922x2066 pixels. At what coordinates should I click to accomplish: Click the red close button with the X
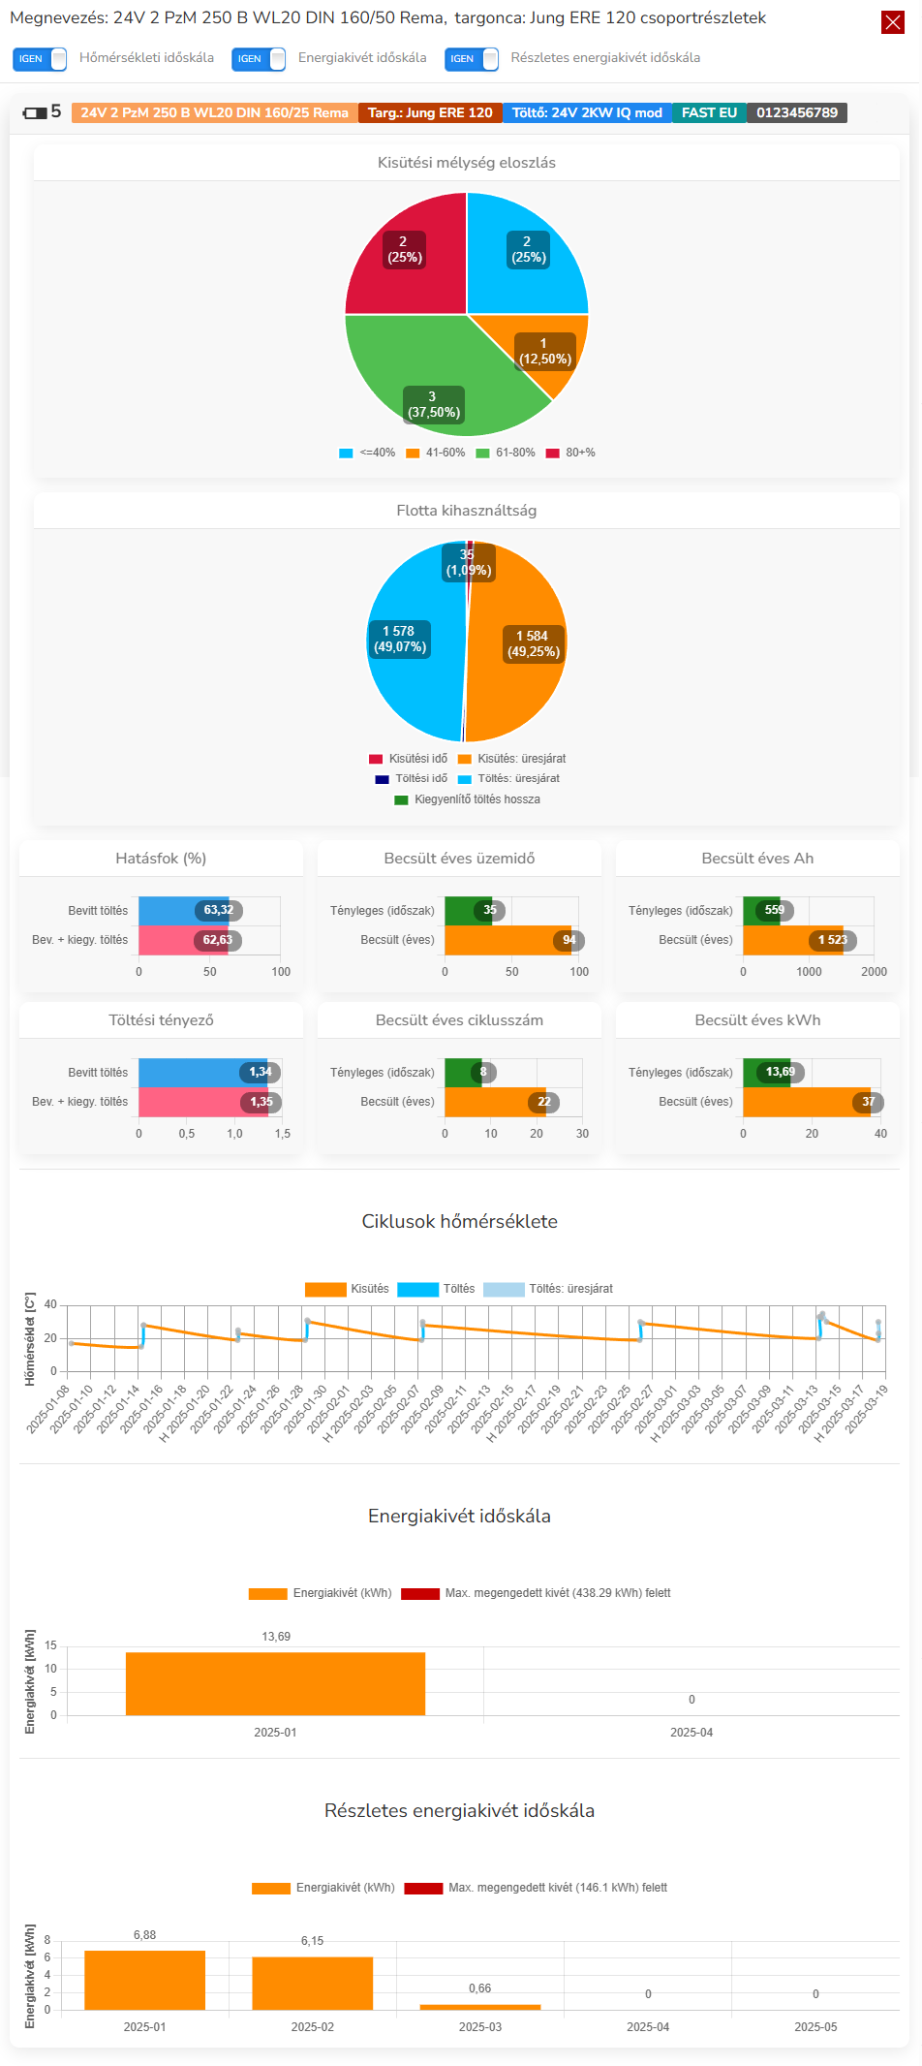coord(893,22)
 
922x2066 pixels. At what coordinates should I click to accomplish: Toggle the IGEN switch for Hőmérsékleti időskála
coord(40,59)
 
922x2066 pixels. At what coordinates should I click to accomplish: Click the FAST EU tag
coord(709,113)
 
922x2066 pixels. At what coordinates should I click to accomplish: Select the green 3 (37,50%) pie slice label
coord(434,405)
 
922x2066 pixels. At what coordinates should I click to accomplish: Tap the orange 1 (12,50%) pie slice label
coord(544,352)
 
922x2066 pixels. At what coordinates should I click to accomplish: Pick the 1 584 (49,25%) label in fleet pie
coord(533,644)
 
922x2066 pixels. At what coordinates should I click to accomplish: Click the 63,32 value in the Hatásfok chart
coord(219,911)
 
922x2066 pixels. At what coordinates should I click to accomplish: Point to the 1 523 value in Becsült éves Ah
coord(832,940)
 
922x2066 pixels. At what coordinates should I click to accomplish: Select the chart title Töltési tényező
coord(161,1020)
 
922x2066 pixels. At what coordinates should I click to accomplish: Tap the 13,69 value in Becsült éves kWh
coord(781,1072)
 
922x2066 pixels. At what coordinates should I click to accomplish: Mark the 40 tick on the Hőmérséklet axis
coord(50,1305)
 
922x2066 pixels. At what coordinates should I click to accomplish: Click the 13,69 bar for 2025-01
coord(275,1684)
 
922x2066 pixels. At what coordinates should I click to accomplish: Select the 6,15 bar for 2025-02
coord(312,1983)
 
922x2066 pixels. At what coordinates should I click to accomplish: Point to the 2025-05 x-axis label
coord(815,2026)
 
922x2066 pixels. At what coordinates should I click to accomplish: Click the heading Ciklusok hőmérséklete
coord(459,1222)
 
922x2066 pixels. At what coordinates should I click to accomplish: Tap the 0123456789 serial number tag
coord(797,113)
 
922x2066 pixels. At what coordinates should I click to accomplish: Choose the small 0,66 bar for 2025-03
coord(479,2006)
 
